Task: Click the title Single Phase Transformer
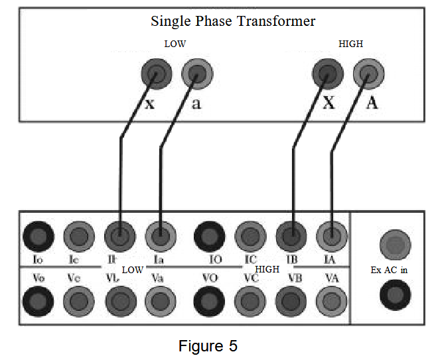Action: [x=233, y=21]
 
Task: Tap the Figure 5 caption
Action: [x=208, y=345]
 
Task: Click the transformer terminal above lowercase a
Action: [x=196, y=74]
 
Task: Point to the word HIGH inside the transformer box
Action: [x=350, y=44]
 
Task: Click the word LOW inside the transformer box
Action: [x=175, y=44]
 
